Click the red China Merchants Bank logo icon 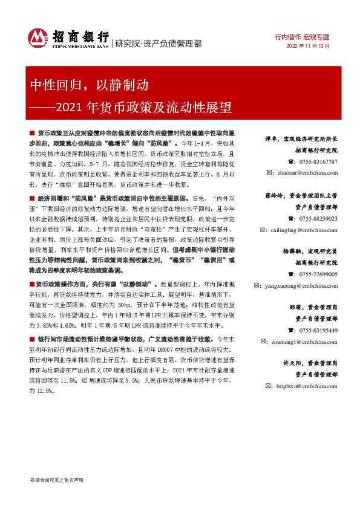pos(38,38)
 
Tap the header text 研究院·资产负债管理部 pos(159,43)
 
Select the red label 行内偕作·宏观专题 pos(307,36)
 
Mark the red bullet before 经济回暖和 pos(31,198)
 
